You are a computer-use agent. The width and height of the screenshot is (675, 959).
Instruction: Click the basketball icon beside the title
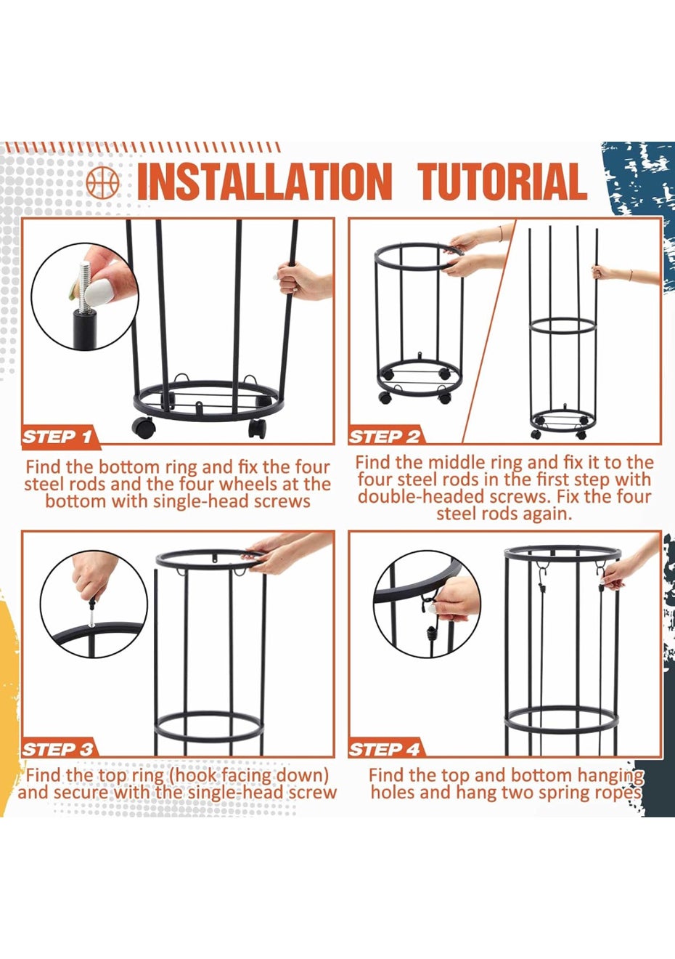100,183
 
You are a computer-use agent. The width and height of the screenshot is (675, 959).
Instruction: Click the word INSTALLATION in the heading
264,182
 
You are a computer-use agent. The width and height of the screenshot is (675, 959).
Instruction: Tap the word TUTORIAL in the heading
502,182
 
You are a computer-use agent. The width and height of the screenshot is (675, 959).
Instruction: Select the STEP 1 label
57,437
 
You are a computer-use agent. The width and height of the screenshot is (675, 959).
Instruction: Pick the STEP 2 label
384,437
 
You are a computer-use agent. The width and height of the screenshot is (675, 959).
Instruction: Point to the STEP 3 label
57,750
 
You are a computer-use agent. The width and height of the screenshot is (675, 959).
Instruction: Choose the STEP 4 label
384,750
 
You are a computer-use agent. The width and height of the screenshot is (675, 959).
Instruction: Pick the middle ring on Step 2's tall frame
563,327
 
